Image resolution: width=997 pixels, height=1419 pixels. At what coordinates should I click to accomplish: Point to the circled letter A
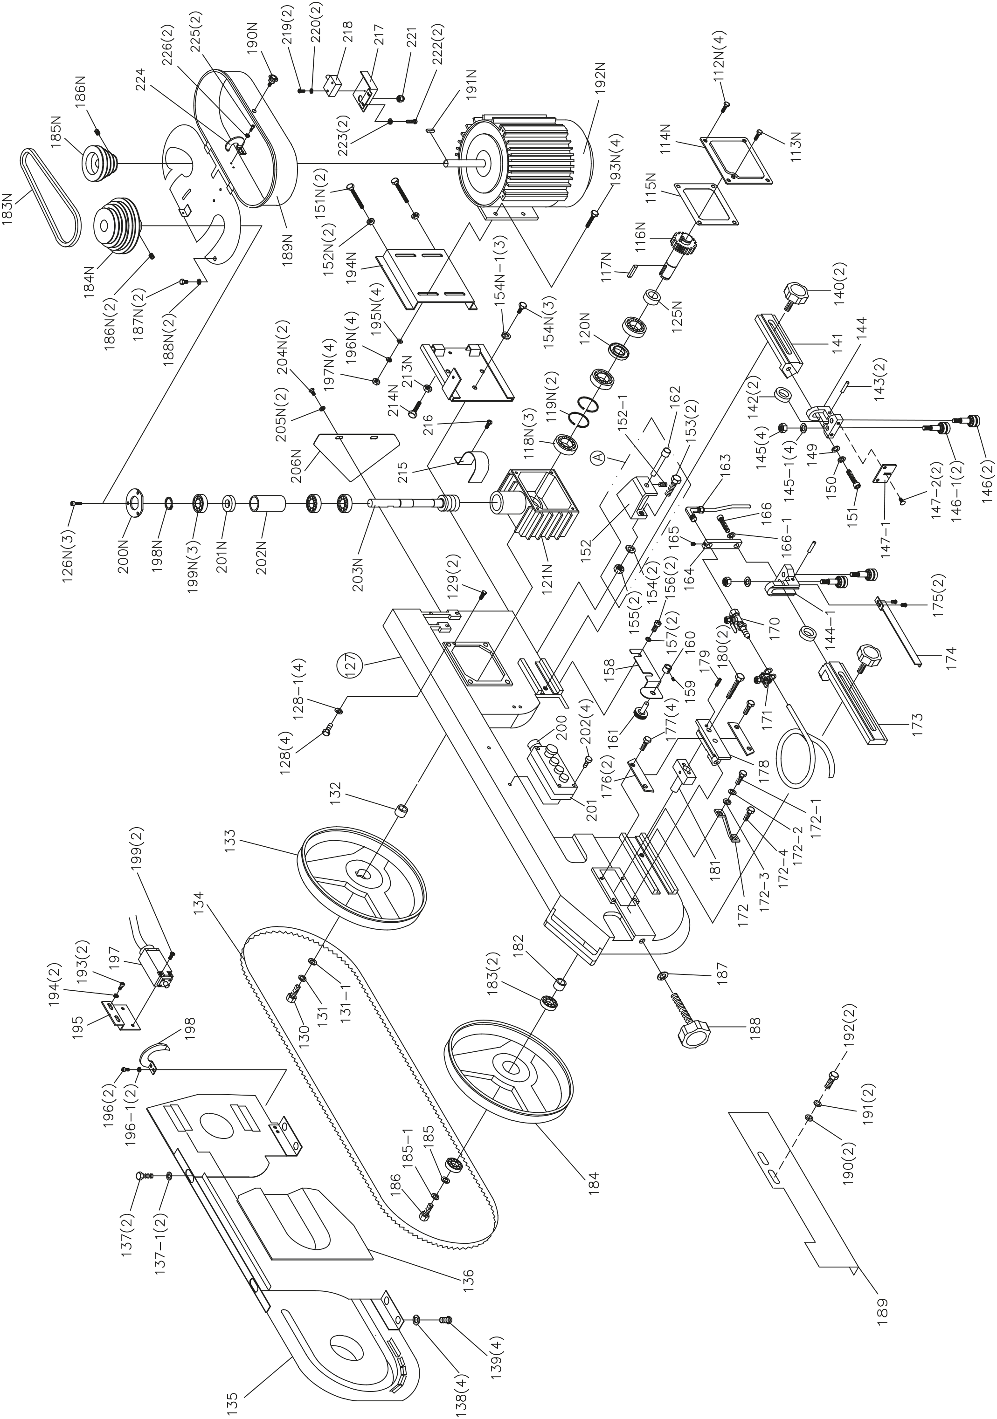click(x=597, y=457)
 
